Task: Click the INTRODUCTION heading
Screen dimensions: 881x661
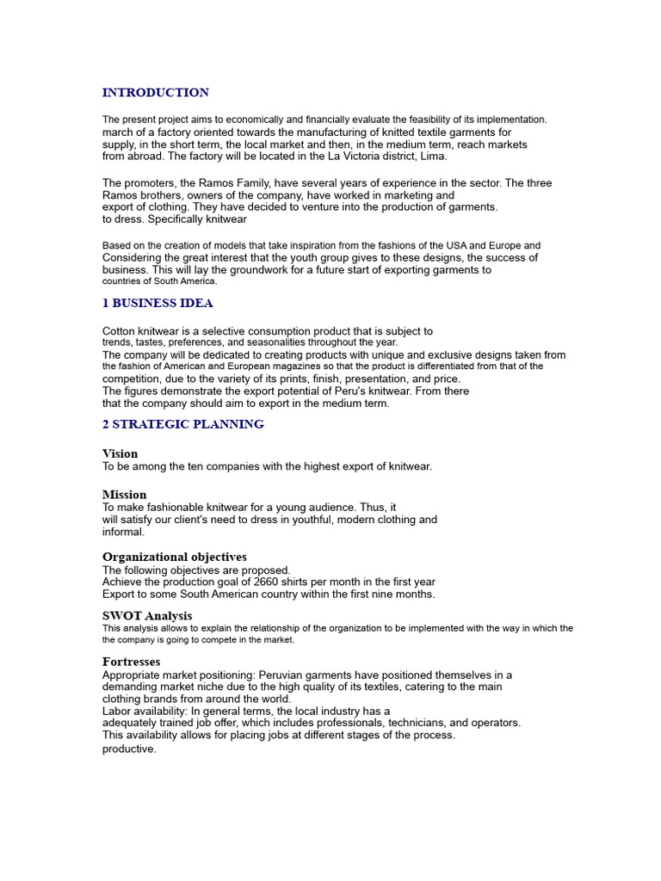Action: coord(156,93)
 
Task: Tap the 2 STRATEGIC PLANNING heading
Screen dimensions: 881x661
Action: coord(183,425)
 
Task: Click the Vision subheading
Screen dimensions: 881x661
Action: coord(120,453)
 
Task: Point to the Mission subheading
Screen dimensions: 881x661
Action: coord(124,495)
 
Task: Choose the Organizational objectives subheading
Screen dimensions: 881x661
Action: coord(175,558)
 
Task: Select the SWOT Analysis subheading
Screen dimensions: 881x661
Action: coord(147,616)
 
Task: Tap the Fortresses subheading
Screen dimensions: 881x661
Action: coord(132,662)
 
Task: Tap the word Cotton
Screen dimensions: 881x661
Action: coord(120,331)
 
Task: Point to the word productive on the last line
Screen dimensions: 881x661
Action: coord(129,749)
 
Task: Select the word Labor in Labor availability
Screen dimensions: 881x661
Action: coord(117,712)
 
